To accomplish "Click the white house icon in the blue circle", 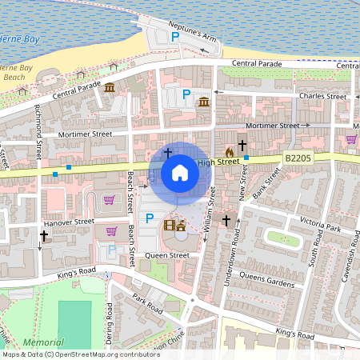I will click(180, 172).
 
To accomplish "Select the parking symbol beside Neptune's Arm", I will click(175, 36).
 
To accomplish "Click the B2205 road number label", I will click(298, 159).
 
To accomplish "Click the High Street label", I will click(218, 162).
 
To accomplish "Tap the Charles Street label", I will click(321, 96).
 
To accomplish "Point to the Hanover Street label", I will click(70, 221).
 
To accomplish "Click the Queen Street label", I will click(167, 256).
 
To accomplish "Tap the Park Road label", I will click(148, 303).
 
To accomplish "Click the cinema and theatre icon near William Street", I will click(174, 226).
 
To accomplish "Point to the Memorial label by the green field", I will click(43, 342).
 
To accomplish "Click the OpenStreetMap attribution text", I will click(70, 354).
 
